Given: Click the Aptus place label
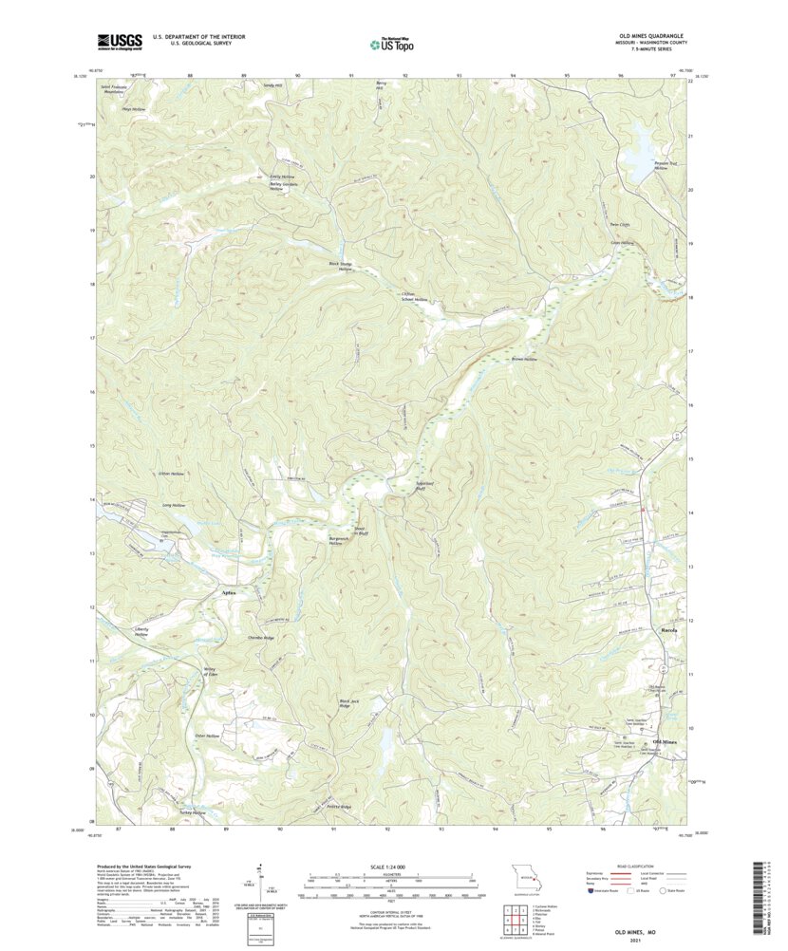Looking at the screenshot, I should point(228,592).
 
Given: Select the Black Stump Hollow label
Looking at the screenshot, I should point(340,267).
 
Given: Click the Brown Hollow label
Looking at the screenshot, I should point(524,360).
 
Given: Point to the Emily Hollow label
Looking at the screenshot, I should point(282,177).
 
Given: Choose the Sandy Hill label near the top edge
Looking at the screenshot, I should point(273,85).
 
